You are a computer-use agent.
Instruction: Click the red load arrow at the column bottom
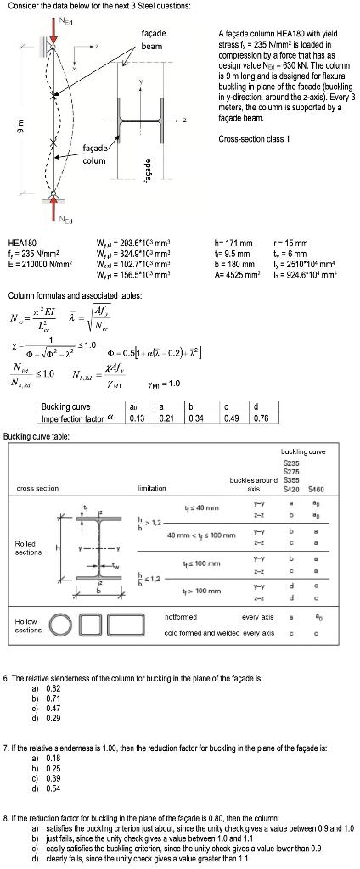[x=53, y=200]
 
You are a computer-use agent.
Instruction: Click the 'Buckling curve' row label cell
[x=66, y=408]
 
